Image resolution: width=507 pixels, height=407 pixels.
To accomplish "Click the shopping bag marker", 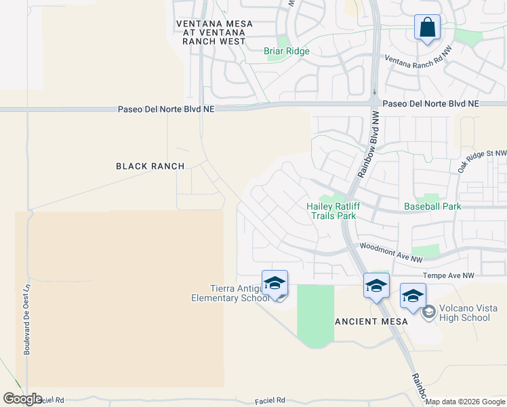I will coord(427,28).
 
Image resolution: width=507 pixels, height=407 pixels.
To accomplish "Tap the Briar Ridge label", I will coord(287,51).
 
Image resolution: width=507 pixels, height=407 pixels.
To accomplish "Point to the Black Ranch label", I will coord(150,166).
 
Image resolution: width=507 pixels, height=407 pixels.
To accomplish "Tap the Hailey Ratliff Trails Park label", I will coord(331,211).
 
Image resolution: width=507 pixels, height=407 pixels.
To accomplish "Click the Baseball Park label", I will coord(432,206).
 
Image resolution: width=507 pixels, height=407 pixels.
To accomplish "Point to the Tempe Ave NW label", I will coord(449,275).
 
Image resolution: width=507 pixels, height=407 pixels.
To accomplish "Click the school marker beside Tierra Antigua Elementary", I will coord(275,284).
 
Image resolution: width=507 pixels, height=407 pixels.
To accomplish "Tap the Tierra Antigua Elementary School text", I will coord(226,293).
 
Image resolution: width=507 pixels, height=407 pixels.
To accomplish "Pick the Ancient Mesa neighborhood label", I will coord(372,322).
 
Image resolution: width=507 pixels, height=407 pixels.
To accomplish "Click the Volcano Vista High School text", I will coord(464,313).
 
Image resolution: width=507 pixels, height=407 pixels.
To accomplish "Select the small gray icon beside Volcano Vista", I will coord(428,312).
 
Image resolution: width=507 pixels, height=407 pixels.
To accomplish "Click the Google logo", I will coord(22,399).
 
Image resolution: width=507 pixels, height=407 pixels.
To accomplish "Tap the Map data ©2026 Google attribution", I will coord(466,402).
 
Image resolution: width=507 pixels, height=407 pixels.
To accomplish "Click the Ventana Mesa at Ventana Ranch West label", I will coord(214,33).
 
